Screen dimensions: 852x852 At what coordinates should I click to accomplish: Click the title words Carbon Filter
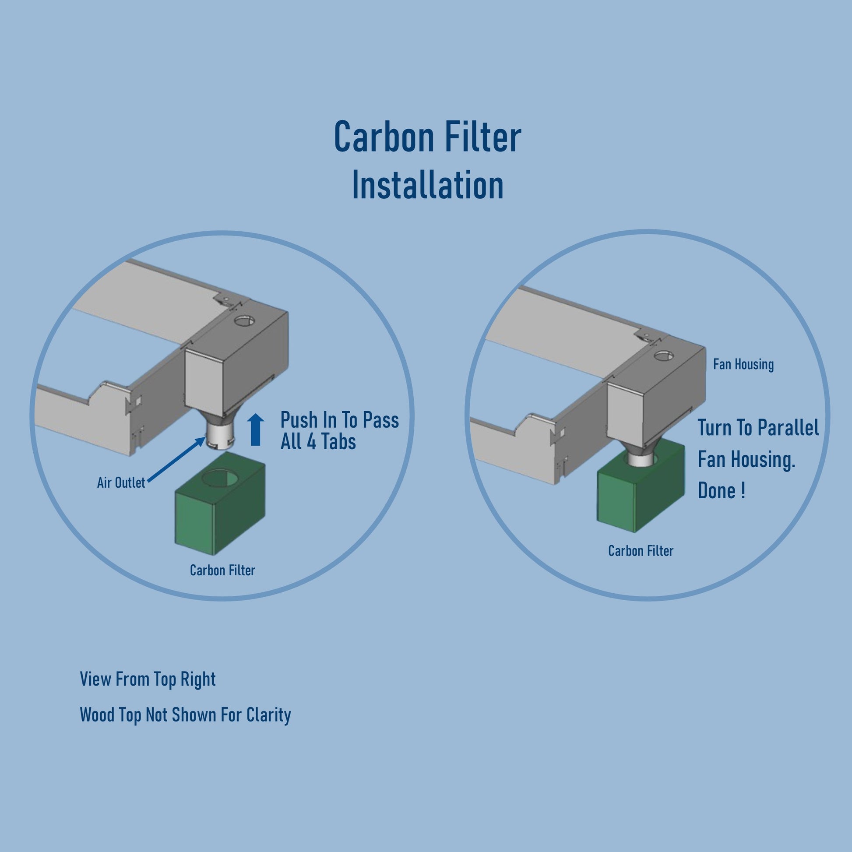click(x=427, y=137)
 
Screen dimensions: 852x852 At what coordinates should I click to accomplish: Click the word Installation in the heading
click(x=427, y=185)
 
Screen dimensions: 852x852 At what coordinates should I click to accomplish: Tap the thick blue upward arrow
click(x=255, y=430)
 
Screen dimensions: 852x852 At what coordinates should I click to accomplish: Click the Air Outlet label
click(x=121, y=483)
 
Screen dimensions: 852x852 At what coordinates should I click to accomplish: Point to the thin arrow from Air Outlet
click(x=176, y=460)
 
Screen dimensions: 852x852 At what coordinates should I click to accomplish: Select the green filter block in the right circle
click(x=641, y=486)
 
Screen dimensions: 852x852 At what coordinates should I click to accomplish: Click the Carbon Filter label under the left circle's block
click(x=222, y=570)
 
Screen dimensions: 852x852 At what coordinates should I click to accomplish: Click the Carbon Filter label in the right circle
click(x=641, y=551)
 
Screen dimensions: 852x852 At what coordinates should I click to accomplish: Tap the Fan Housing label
click(x=743, y=364)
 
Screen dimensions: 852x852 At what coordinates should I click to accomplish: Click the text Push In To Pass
click(x=340, y=420)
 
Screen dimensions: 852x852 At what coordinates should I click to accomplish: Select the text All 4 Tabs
click(x=318, y=441)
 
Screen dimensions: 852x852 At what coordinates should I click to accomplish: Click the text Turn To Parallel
click(x=758, y=428)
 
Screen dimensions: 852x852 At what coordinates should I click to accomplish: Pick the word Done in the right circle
click(x=716, y=491)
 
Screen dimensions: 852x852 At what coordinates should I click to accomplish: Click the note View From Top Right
click(x=148, y=679)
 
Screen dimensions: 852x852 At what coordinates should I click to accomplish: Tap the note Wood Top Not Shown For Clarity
click(x=185, y=715)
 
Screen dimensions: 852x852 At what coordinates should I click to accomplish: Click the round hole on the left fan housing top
click(x=242, y=320)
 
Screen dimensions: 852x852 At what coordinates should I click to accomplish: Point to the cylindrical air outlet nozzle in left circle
click(x=219, y=437)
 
